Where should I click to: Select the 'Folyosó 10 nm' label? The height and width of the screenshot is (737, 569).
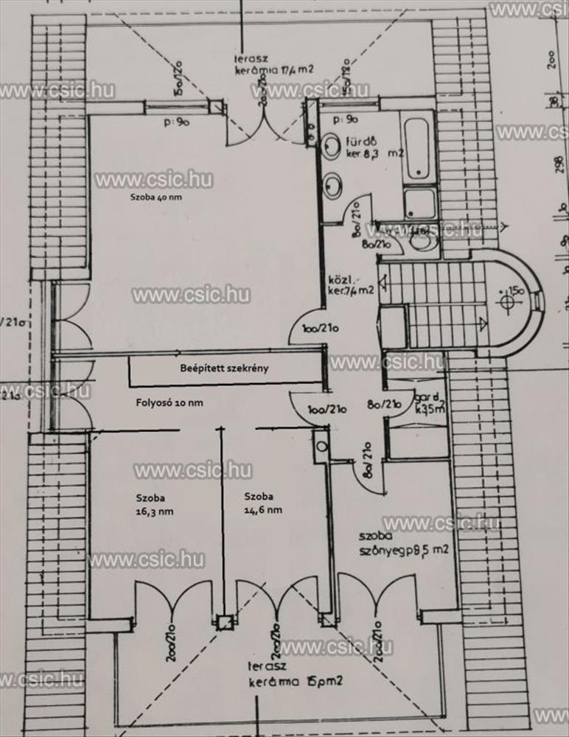click(x=169, y=402)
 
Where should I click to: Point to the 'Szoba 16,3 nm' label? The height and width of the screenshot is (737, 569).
click(x=154, y=503)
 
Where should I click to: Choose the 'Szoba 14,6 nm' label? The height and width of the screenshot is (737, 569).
click(x=263, y=503)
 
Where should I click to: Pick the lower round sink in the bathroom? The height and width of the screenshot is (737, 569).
click(x=333, y=181)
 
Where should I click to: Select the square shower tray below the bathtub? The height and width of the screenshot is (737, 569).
click(x=420, y=203)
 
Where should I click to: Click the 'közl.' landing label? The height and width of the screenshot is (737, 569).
click(x=341, y=280)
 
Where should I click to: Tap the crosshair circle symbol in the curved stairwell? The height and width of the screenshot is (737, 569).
click(x=508, y=301)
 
